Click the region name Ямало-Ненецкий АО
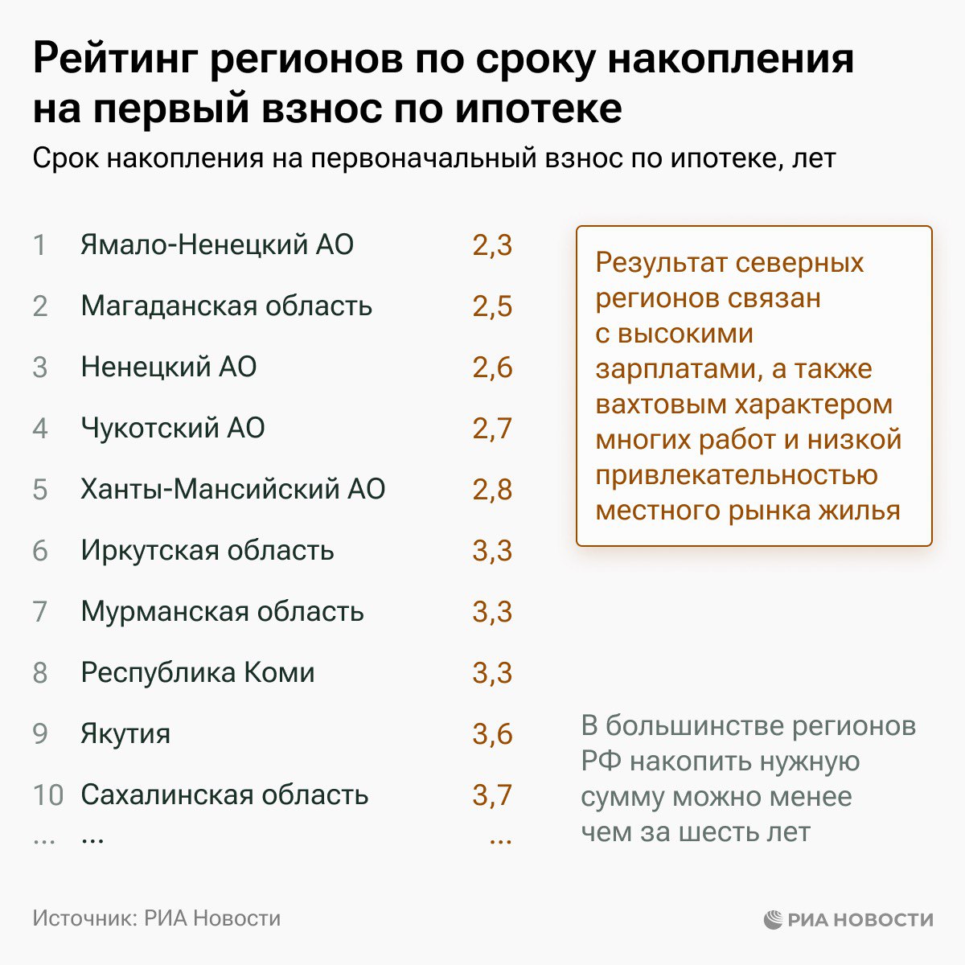pyautogui.click(x=217, y=244)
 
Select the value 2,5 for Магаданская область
pyautogui.click(x=492, y=306)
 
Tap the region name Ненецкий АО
pyautogui.click(x=169, y=367)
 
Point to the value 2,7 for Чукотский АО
pyautogui.click(x=492, y=429)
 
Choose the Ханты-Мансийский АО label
pyautogui.click(x=233, y=489)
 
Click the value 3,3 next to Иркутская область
pyautogui.click(x=492, y=551)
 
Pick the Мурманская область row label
pyautogui.click(x=223, y=611)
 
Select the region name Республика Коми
pyautogui.click(x=198, y=672)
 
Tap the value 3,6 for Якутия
pyautogui.click(x=492, y=734)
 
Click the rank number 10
pyautogui.click(x=48, y=795)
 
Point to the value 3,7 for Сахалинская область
pyautogui.click(x=492, y=795)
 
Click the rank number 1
pyautogui.click(x=39, y=245)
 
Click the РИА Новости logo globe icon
pyautogui.click(x=774, y=919)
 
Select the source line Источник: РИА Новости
pyautogui.click(x=157, y=918)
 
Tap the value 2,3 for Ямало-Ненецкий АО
pyautogui.click(x=492, y=245)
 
